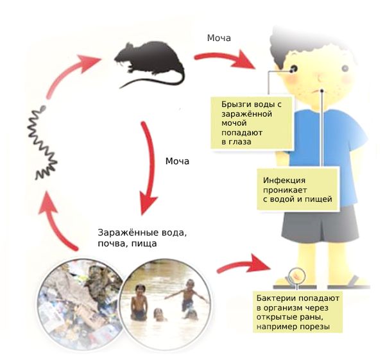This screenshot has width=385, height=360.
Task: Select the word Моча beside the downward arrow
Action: point(177,160)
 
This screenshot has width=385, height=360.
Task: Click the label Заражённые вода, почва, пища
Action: point(145,238)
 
